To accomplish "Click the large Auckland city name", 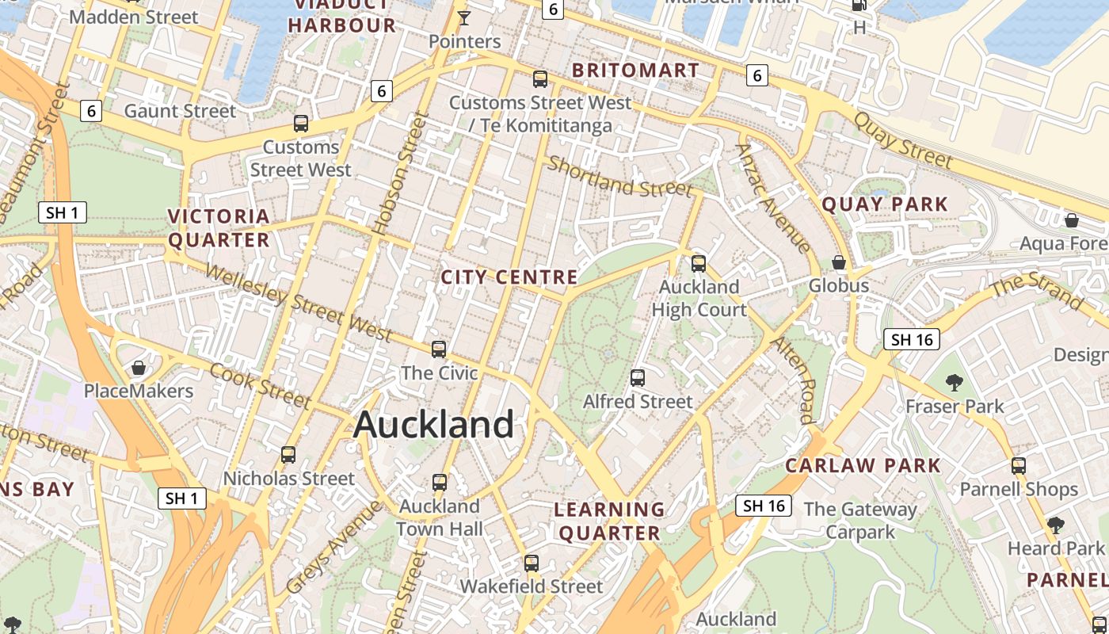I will point(433,425).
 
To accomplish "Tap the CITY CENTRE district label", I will point(509,277).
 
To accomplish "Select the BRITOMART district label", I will point(635,71).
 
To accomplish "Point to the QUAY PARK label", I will point(884,204).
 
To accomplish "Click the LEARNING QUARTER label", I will point(609,521).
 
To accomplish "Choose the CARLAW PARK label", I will point(863,465).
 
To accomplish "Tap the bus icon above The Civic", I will point(439,349).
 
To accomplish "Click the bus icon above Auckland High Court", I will point(698,263).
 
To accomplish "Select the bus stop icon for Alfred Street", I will point(638,378).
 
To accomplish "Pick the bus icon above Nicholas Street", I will point(288,455).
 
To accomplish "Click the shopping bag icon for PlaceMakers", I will point(139,368).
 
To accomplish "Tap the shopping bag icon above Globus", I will point(839,262).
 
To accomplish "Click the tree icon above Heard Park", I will point(1055,525).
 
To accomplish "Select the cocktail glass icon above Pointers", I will point(464,18).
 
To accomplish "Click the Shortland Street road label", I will point(620,177).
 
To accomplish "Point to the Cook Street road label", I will point(260,385).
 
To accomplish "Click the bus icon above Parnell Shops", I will point(1019,466).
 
